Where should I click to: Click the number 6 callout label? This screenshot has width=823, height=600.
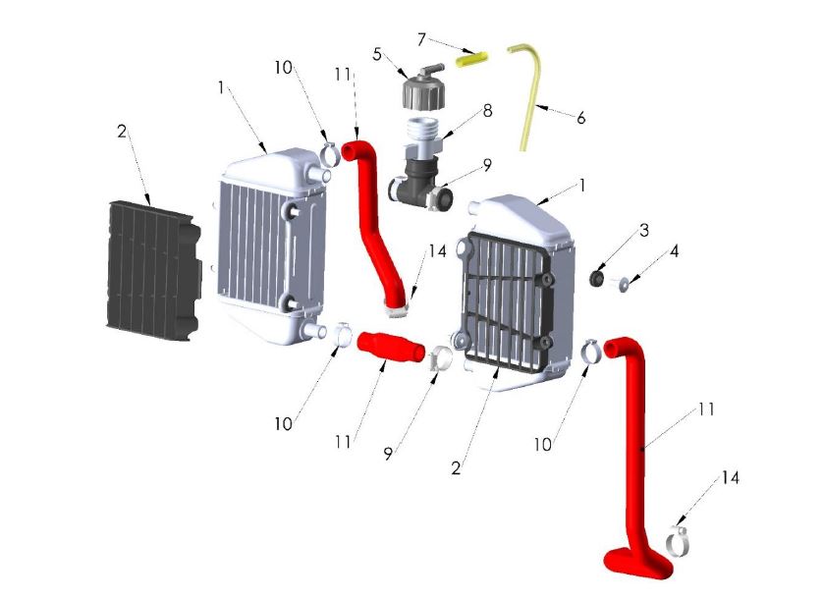pos(581,118)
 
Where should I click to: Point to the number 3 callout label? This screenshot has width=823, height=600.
pos(644,231)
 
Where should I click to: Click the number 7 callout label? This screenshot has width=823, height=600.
pos(420,39)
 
